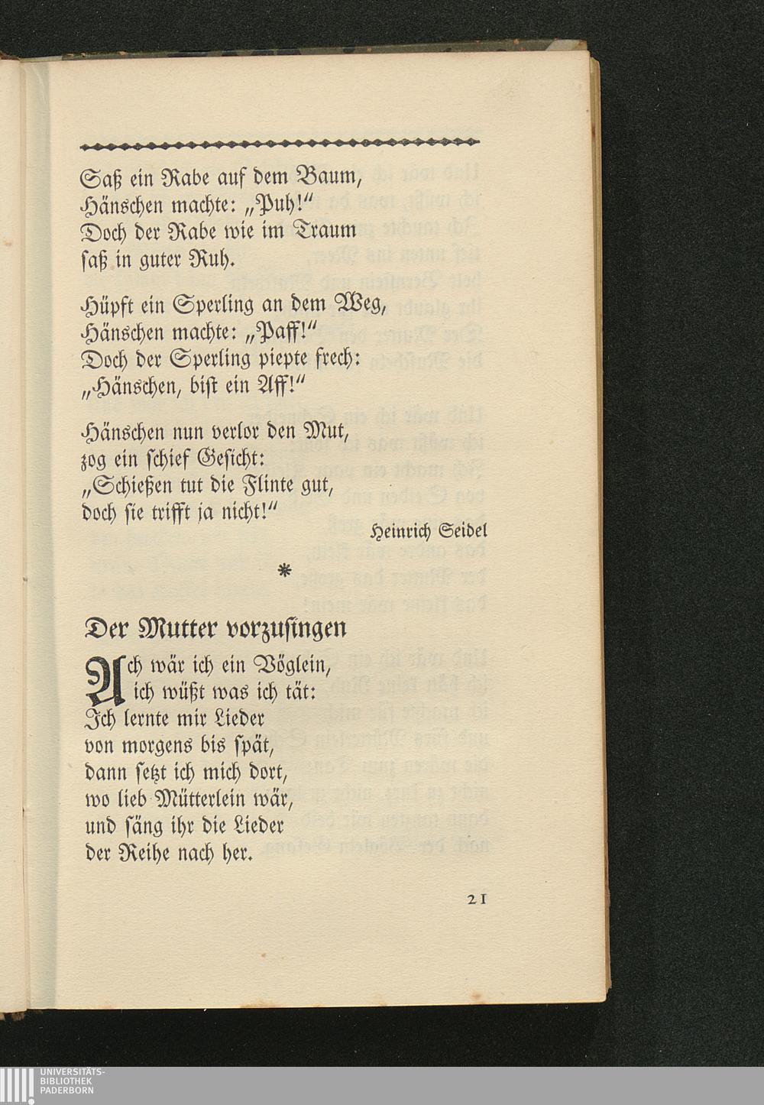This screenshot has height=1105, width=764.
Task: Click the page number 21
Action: pos(476,899)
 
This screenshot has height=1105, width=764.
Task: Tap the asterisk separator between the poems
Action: pos(284,571)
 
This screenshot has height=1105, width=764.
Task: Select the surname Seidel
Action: pos(461,530)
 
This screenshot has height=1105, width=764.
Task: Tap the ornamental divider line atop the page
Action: pos(279,143)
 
